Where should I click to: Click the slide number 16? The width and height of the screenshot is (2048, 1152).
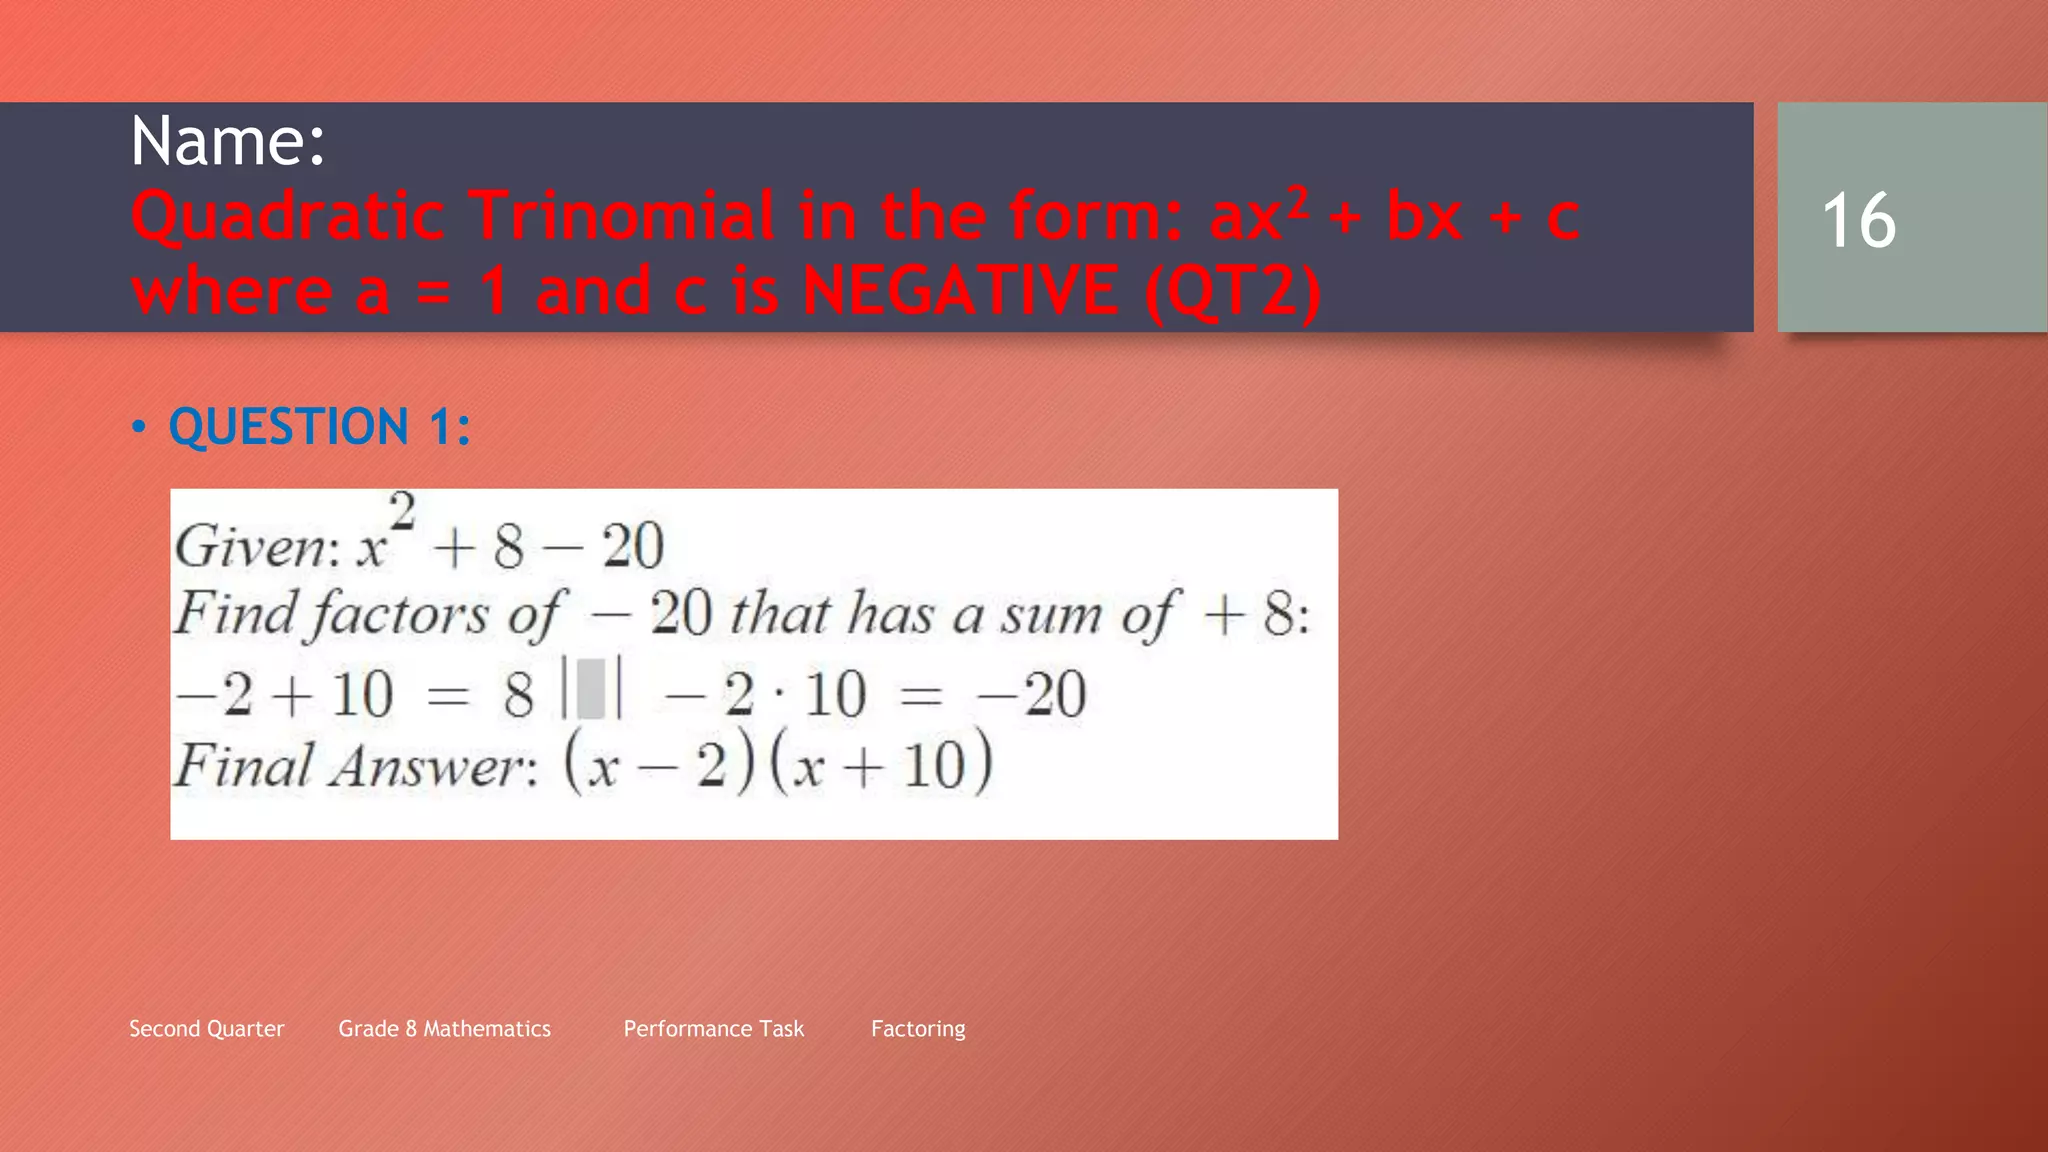(1858, 220)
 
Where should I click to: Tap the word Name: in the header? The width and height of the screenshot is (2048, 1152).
(228, 141)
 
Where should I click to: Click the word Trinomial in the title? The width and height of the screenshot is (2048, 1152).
(622, 216)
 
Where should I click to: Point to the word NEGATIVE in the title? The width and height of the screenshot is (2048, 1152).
(960, 291)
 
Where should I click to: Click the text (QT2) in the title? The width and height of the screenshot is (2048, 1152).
(1233, 291)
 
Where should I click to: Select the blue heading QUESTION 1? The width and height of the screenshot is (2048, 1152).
(319, 427)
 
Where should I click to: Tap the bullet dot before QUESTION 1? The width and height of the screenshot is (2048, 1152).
(139, 428)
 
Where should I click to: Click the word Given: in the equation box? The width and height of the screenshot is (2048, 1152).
(256, 547)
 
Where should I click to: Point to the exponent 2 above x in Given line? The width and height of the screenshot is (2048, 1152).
(402, 512)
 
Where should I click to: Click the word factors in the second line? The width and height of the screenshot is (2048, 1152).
(400, 613)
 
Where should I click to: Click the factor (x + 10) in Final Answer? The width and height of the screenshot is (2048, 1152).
(881, 764)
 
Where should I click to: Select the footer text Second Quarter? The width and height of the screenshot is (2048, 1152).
(207, 1029)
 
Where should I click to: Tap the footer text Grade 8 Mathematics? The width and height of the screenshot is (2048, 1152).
(444, 1029)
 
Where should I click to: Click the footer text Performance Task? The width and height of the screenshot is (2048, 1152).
(713, 1029)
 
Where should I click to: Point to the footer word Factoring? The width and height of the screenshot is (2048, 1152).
(918, 1029)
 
